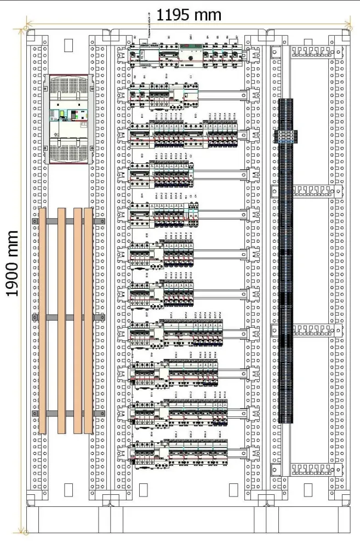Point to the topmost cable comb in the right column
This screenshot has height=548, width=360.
[310, 52]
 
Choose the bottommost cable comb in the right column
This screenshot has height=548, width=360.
[310, 469]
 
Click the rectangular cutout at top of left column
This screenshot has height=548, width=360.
[68, 44]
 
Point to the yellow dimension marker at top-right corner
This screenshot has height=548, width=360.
[348, 24]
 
